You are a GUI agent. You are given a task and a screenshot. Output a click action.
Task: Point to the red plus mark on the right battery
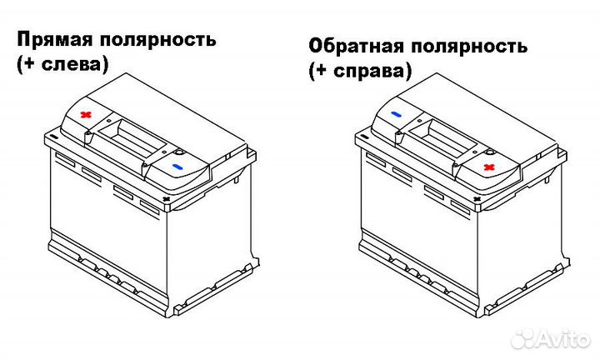pyautogui.click(x=489, y=167)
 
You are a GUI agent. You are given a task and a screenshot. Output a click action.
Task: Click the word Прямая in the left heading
pyautogui.click(x=54, y=39)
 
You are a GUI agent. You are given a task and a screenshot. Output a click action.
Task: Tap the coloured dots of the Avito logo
pyautogui.click(x=524, y=339)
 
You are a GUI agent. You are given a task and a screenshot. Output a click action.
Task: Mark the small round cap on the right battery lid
pyautogui.click(x=490, y=151)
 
